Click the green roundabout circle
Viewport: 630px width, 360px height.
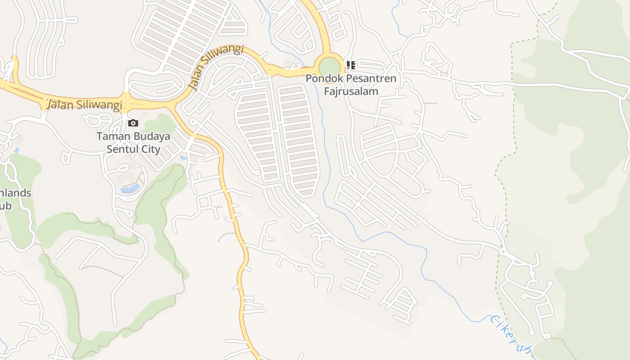330,67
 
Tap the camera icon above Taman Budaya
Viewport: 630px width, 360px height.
133,123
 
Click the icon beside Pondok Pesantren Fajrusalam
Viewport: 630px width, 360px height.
351,65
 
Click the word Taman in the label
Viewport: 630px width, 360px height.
113,136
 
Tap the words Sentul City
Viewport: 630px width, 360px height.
133,149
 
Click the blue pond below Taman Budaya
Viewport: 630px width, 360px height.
129,189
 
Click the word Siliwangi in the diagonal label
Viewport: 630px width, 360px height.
224,57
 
